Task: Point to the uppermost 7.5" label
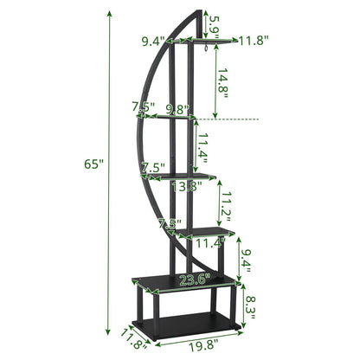click(143, 107)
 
